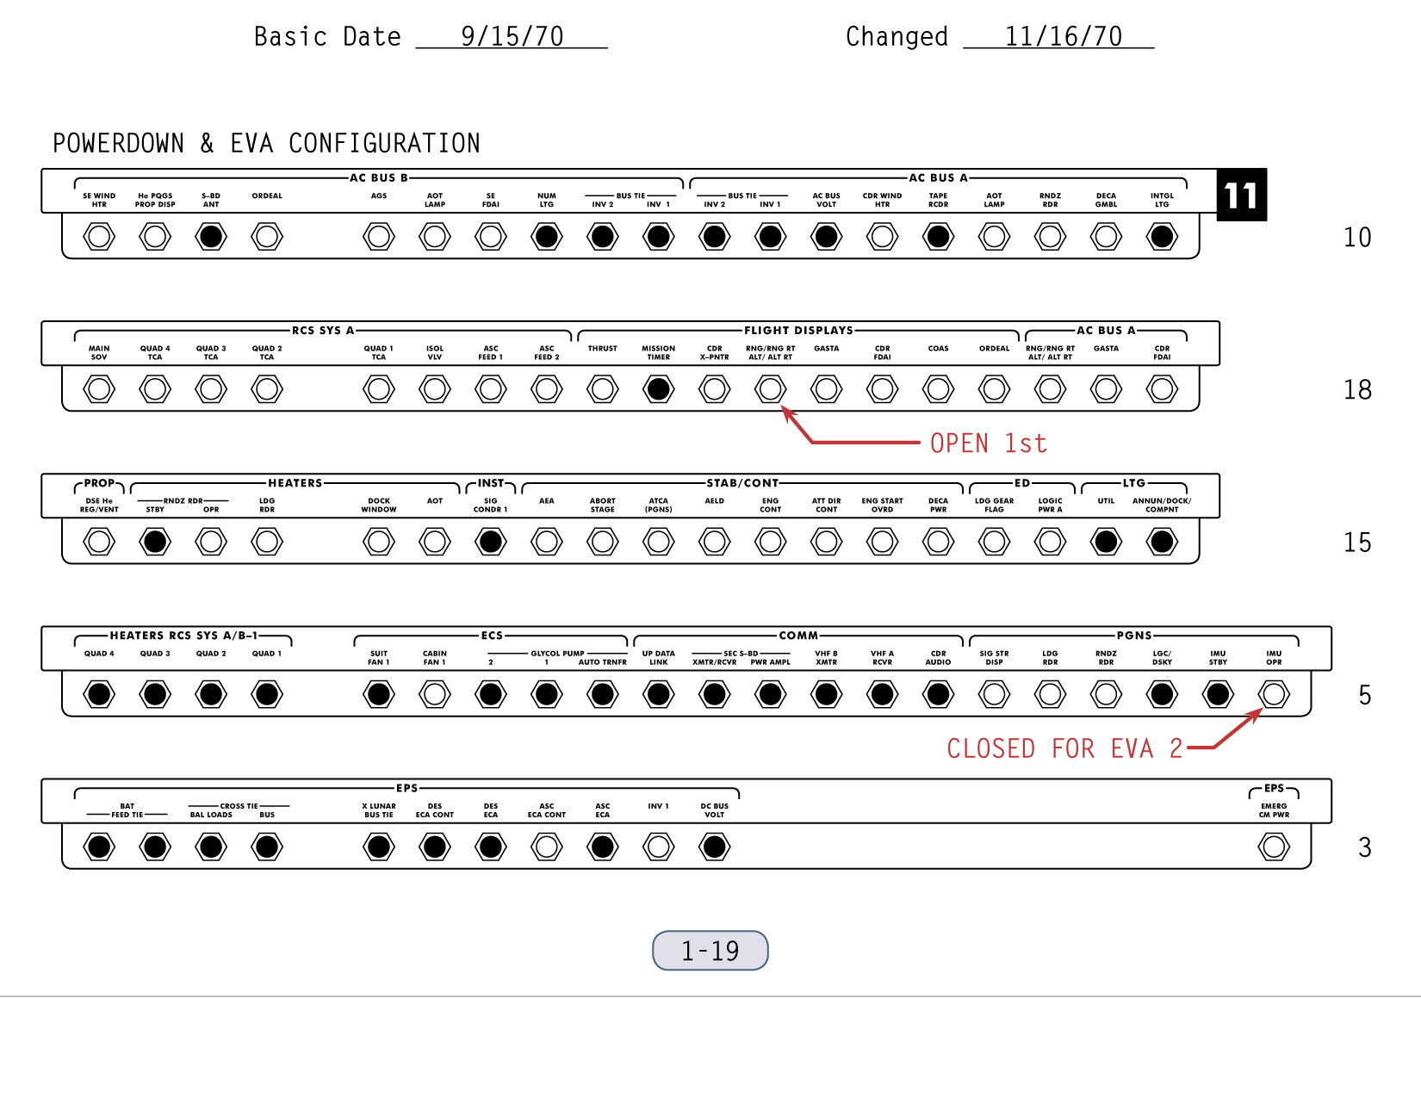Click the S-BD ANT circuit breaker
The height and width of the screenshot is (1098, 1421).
[211, 237]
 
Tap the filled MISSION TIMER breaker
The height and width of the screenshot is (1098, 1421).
[658, 389]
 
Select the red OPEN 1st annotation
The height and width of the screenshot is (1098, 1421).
[988, 444]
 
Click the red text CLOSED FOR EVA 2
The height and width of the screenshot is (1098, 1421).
[1064, 748]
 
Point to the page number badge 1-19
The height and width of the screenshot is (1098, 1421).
[710, 950]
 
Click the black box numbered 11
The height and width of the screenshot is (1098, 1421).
[1241, 195]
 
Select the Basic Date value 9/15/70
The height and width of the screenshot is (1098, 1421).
[512, 37]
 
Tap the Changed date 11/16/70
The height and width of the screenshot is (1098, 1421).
[1064, 37]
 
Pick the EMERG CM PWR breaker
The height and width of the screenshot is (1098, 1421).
[1274, 847]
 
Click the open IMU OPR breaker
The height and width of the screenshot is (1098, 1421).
[1274, 694]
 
